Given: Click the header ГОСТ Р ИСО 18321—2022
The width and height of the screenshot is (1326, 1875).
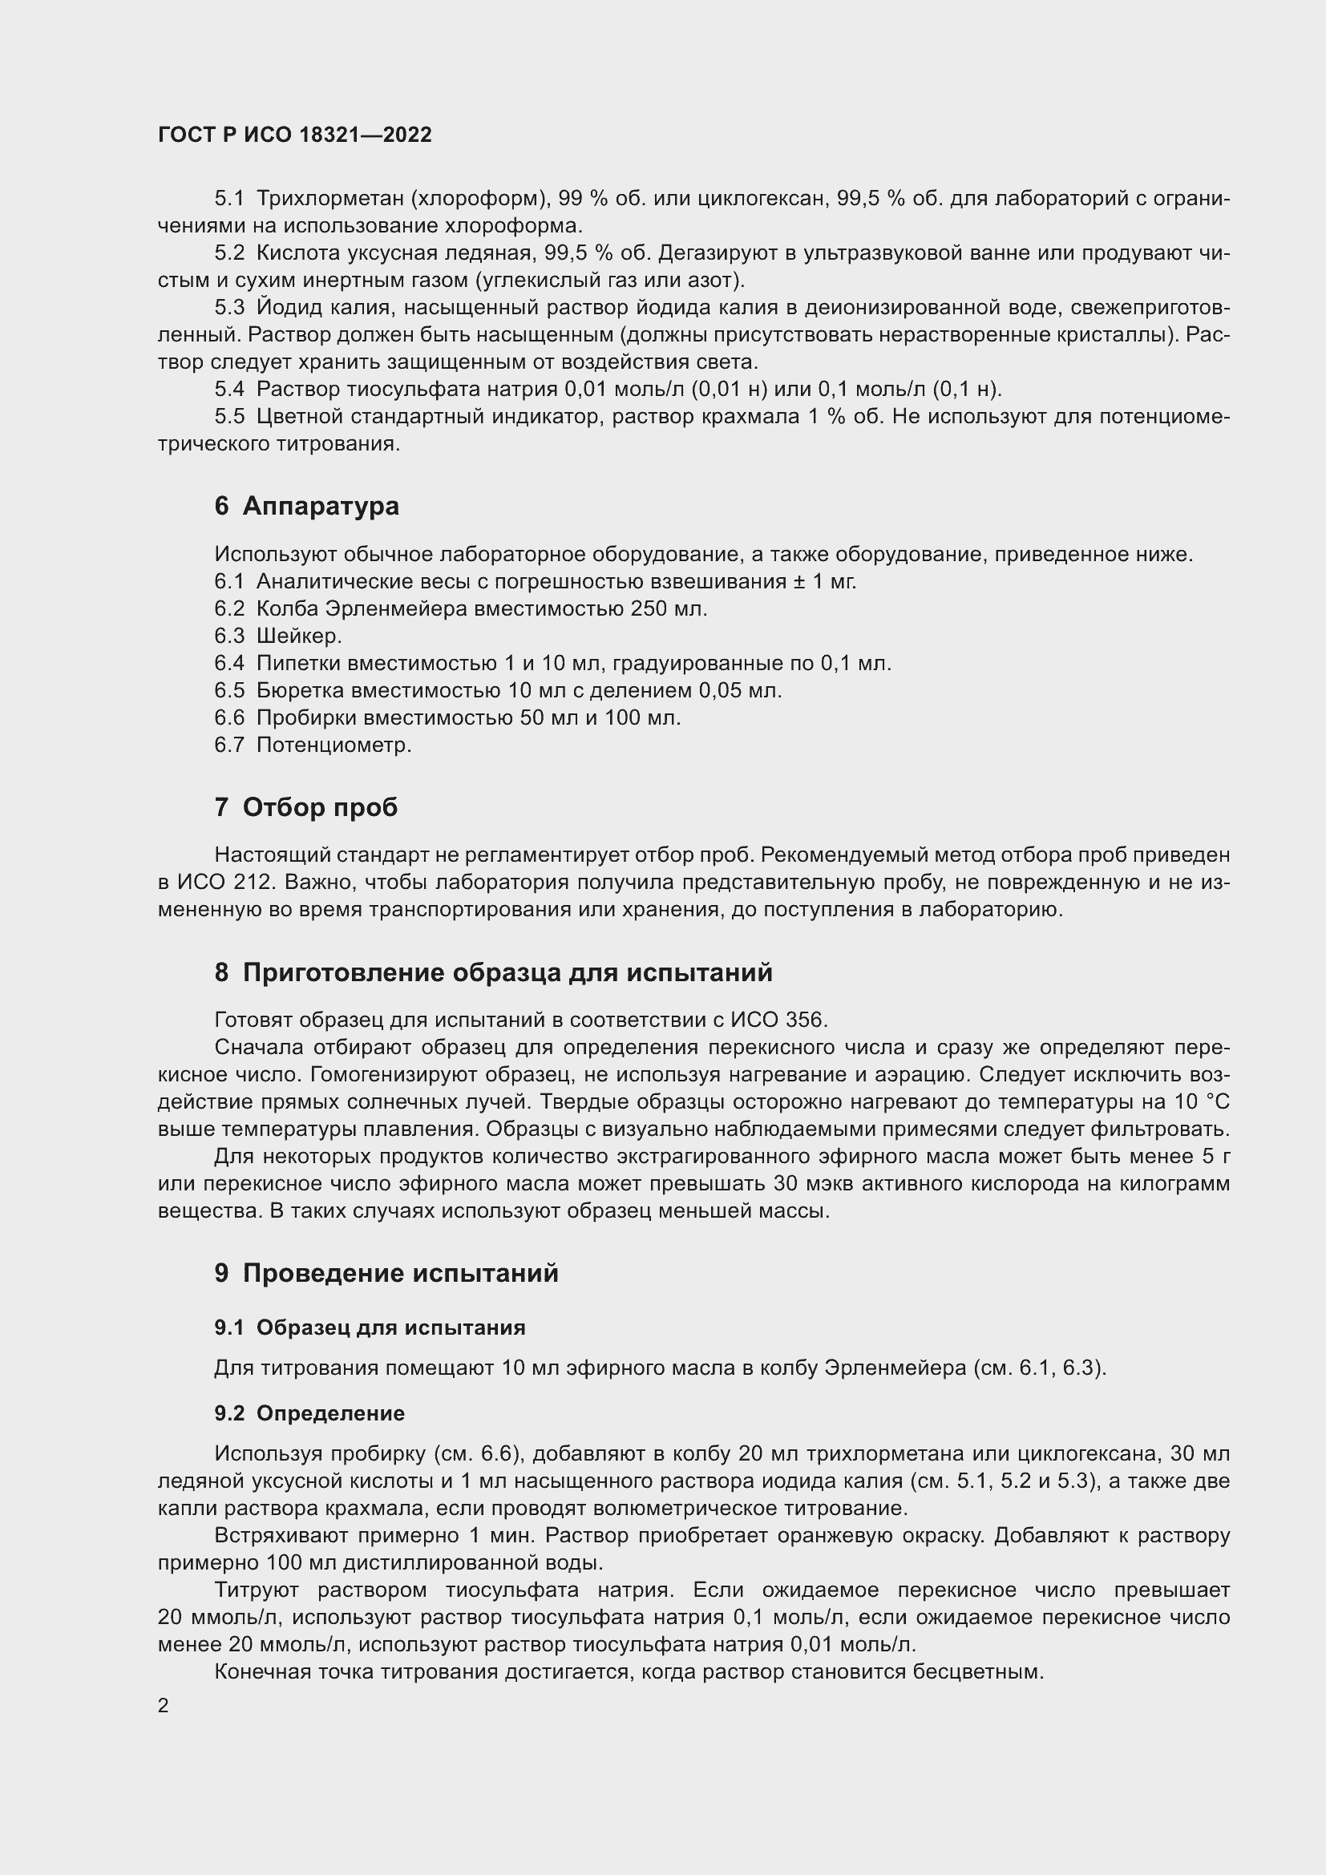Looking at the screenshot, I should tap(295, 135).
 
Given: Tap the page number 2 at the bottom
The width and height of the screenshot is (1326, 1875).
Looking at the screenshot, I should tap(164, 1706).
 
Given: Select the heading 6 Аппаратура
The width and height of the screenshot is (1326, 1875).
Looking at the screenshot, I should tap(307, 507).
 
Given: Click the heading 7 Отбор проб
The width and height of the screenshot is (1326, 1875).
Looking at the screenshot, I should tap(306, 808).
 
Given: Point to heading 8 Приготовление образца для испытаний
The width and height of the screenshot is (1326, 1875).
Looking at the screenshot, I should tap(493, 972).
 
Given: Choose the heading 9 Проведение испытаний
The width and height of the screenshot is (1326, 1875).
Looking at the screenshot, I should tap(386, 1273).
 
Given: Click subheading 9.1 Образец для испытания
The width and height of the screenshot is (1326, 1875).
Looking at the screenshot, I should tap(370, 1327).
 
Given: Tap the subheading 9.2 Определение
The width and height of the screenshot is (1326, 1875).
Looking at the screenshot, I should tap(309, 1413).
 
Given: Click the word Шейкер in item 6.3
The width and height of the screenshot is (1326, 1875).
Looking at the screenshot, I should tap(299, 636).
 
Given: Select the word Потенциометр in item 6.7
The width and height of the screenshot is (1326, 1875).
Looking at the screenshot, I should tap(334, 745).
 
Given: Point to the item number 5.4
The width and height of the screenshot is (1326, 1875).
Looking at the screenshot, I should tap(229, 390).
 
